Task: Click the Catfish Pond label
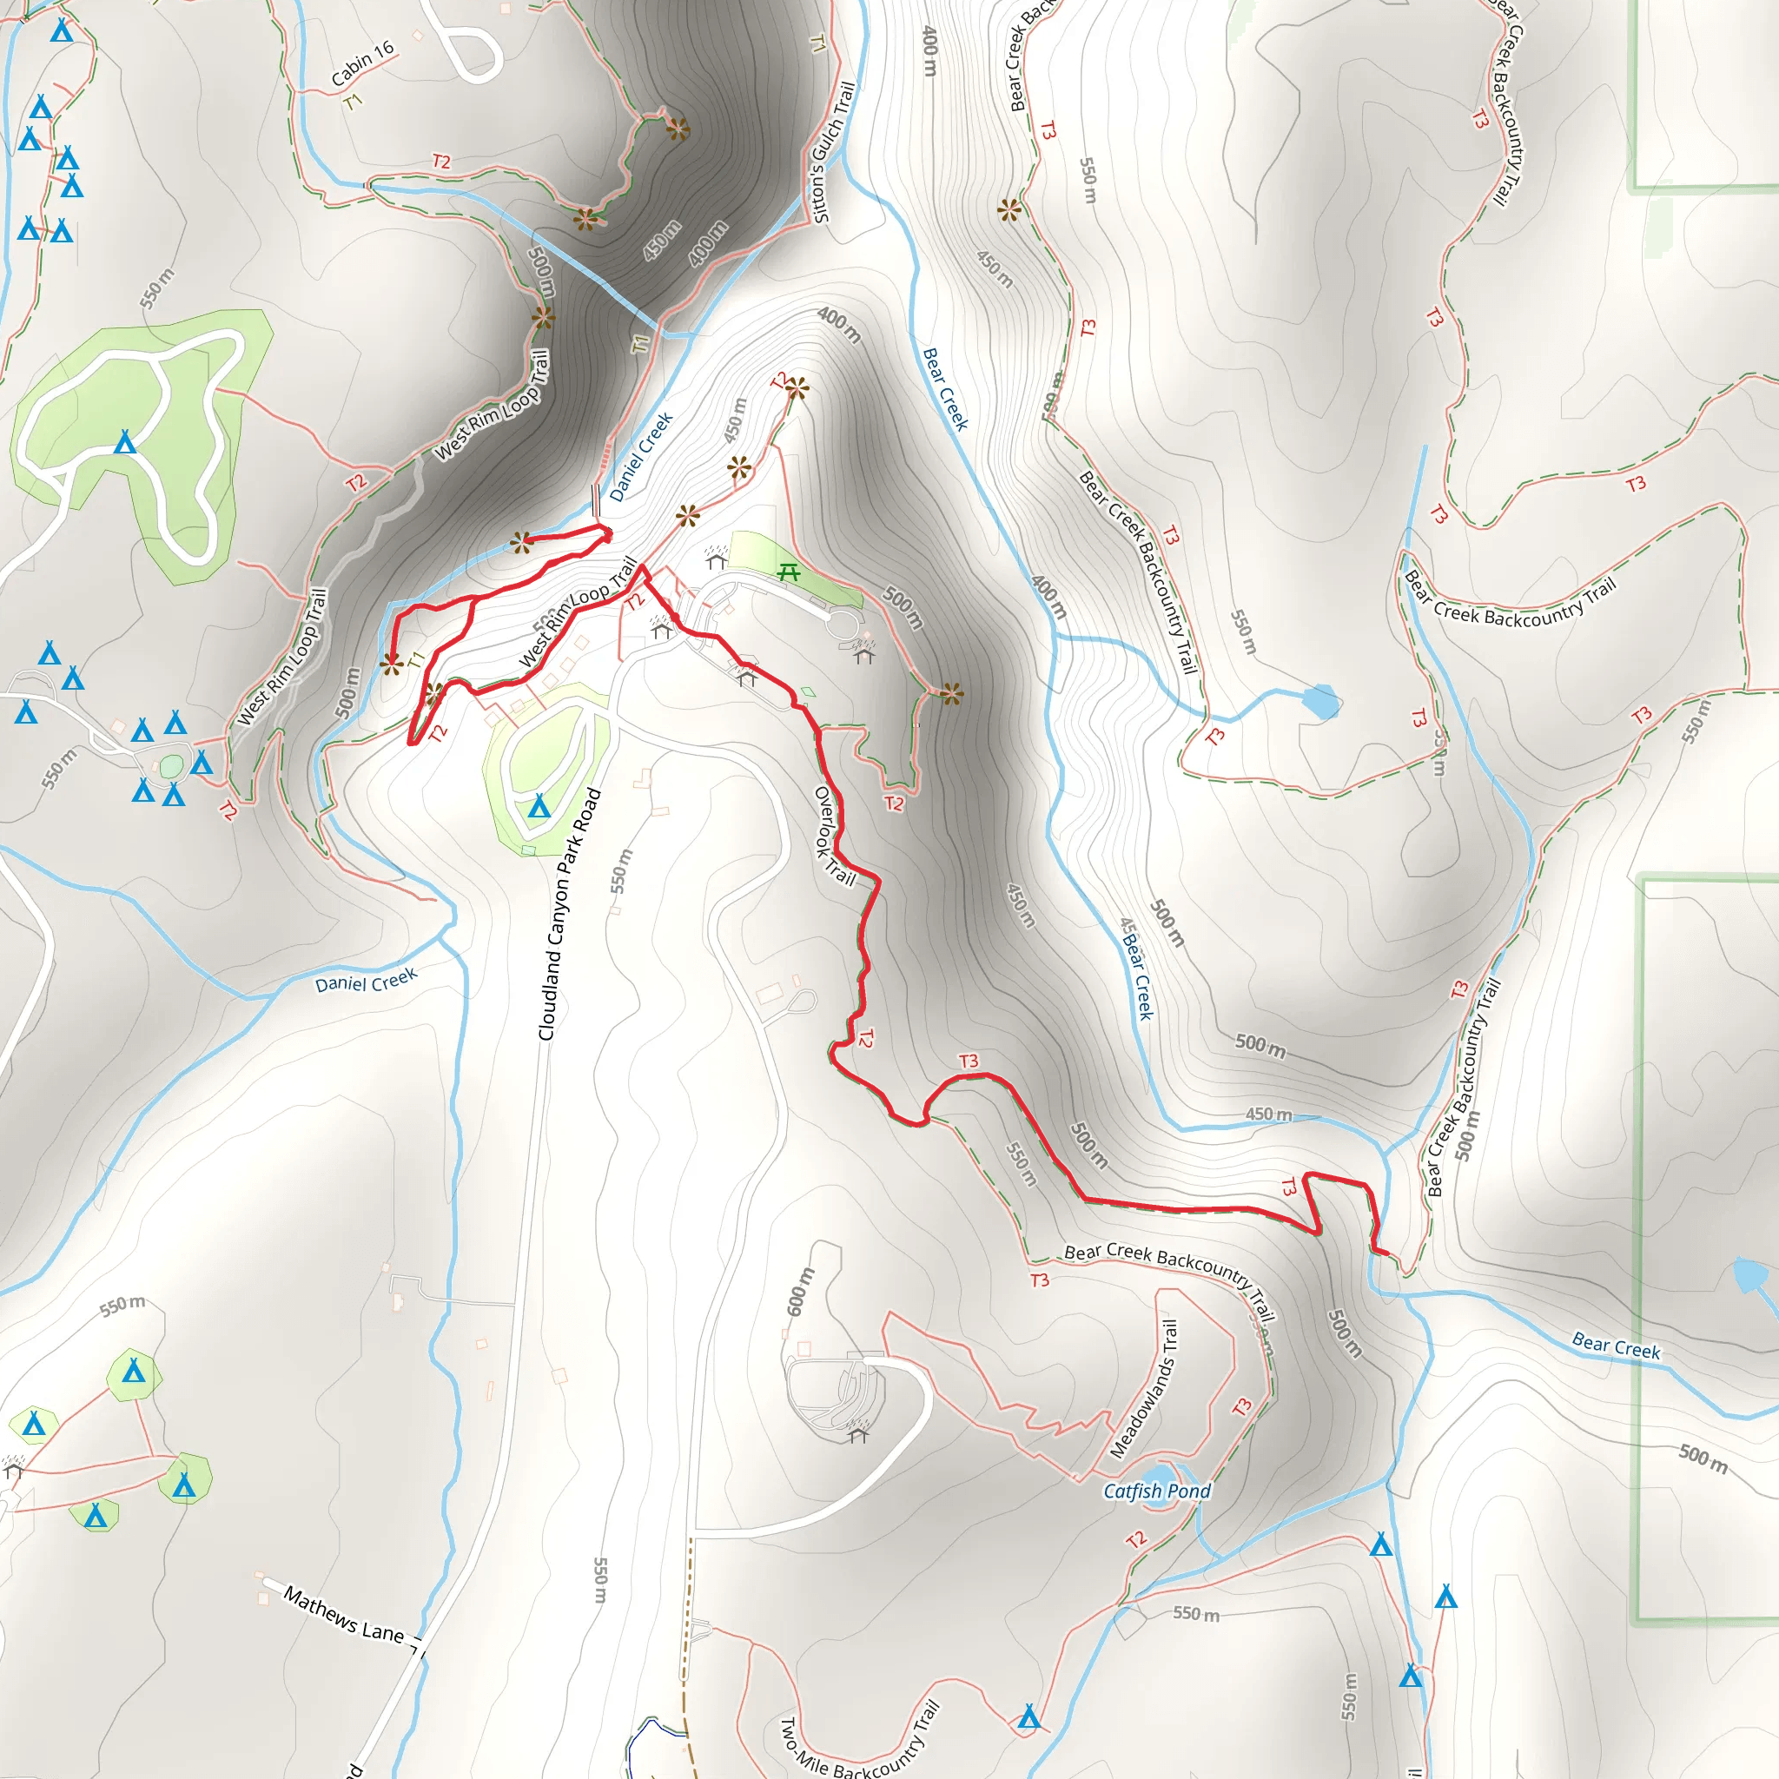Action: (x=1156, y=1491)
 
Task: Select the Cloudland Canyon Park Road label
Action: (x=569, y=915)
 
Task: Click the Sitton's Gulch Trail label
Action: (x=833, y=153)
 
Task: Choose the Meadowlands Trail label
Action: (x=1144, y=1390)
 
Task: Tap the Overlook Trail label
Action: (x=834, y=837)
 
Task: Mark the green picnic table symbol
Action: (x=788, y=572)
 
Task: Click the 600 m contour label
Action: (x=800, y=1291)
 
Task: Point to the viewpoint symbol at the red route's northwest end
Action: (x=522, y=541)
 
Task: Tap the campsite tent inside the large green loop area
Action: (x=124, y=443)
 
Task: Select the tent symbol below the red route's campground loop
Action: (x=539, y=808)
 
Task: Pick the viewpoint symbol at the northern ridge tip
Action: (x=797, y=389)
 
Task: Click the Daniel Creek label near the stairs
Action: (x=641, y=457)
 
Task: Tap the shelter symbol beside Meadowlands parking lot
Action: (x=858, y=1432)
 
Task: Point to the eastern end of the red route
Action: (x=1386, y=1253)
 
